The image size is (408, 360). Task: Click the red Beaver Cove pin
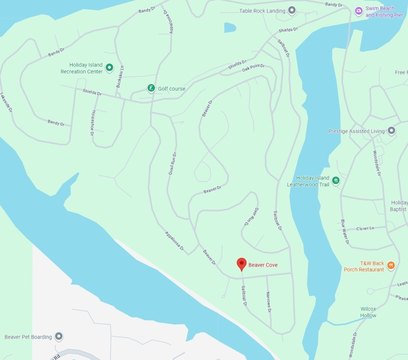click(x=240, y=264)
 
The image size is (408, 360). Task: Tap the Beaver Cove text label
click(x=263, y=266)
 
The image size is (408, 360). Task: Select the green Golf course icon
click(x=151, y=88)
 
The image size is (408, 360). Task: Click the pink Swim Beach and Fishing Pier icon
click(x=359, y=11)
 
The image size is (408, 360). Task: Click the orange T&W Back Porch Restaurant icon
click(x=391, y=265)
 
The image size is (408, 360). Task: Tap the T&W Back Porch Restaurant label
click(x=364, y=265)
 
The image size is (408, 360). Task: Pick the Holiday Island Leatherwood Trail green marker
click(x=335, y=180)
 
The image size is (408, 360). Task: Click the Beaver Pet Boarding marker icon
click(x=58, y=337)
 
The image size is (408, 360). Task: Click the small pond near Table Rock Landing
click(x=230, y=27)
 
